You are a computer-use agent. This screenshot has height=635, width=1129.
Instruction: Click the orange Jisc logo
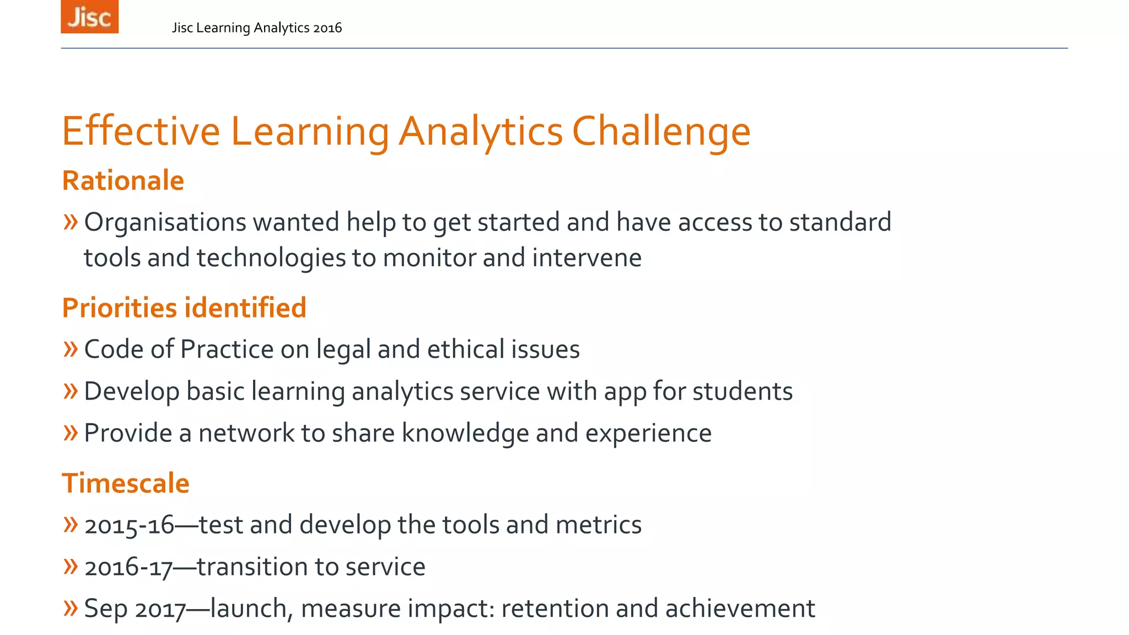pyautogui.click(x=89, y=17)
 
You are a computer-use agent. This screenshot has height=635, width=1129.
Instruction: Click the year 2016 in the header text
pyautogui.click(x=327, y=28)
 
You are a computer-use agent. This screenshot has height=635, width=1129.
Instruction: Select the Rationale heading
pyautogui.click(x=123, y=181)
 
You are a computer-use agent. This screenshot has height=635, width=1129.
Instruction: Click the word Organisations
pyautogui.click(x=165, y=223)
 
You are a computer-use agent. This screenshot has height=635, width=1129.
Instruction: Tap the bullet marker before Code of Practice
pyautogui.click(x=71, y=349)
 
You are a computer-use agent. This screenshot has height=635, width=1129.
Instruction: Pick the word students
pyautogui.click(x=742, y=391)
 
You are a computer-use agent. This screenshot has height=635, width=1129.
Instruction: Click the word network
pyautogui.click(x=246, y=433)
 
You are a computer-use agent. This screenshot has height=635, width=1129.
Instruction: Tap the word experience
pyautogui.click(x=648, y=433)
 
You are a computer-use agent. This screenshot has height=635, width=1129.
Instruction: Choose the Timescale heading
pyautogui.click(x=126, y=483)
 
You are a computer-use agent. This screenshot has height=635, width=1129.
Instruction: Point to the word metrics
pyautogui.click(x=598, y=525)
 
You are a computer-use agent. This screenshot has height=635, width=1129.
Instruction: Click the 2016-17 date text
pyautogui.click(x=128, y=567)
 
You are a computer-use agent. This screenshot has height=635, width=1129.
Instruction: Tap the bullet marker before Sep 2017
pyautogui.click(x=71, y=608)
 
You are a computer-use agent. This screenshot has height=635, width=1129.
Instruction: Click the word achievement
pyautogui.click(x=740, y=609)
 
